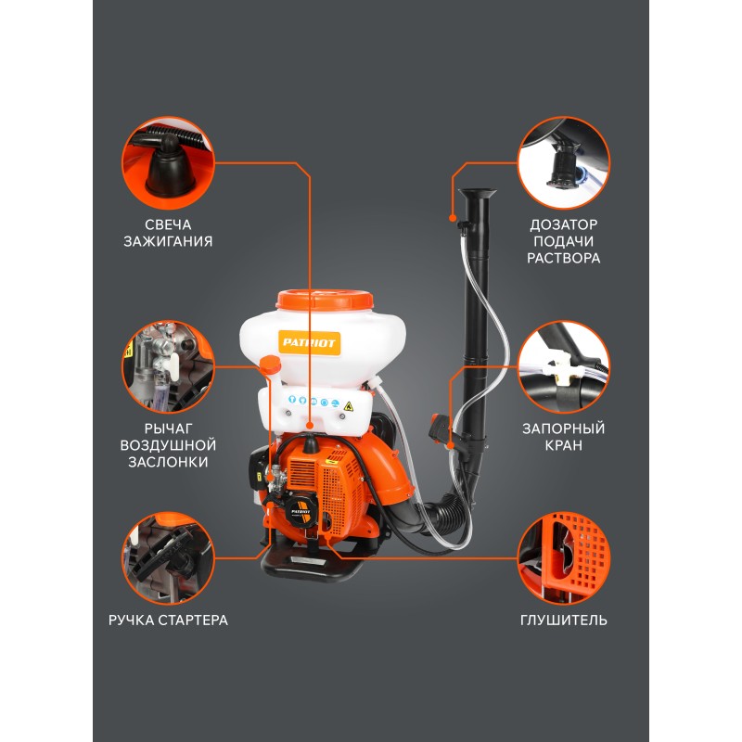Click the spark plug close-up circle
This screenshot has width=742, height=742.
(168, 163)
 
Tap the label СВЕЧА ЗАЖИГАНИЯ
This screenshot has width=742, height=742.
(168, 233)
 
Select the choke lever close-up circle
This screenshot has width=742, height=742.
(168, 366)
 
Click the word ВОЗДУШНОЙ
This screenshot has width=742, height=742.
(168, 445)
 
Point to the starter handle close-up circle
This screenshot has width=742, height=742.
(168, 558)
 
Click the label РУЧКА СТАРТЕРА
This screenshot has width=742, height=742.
(168, 620)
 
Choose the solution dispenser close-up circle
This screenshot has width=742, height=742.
(564, 163)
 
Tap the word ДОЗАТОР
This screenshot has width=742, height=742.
(564, 224)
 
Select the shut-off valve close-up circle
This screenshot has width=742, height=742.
(564, 366)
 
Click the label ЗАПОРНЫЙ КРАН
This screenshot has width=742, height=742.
(564, 437)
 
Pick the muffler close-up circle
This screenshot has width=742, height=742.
(564, 558)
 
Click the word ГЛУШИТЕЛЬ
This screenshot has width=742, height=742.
(564, 620)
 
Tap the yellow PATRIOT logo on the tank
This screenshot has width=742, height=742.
(309, 342)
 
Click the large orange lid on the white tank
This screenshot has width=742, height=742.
(325, 300)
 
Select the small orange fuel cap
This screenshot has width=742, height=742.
(270, 365)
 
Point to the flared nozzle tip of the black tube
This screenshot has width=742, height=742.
(477, 194)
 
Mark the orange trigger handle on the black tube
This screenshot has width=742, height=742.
(439, 429)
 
